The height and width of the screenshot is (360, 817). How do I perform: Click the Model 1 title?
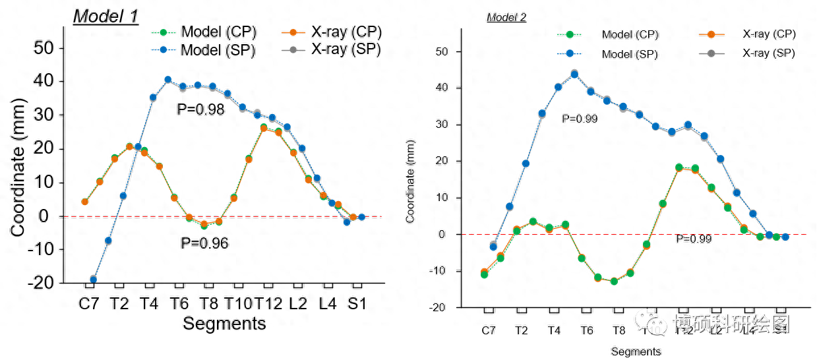point(106,16)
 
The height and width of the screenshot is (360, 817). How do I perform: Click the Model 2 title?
point(506,18)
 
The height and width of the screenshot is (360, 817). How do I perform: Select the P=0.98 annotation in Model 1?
point(201,109)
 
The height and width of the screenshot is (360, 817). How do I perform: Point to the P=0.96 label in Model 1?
point(204,244)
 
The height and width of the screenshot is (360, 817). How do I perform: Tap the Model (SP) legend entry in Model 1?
point(218,49)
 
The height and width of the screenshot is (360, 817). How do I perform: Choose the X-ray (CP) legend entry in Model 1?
point(347,32)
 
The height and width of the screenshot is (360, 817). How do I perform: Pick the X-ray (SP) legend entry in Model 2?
point(768,53)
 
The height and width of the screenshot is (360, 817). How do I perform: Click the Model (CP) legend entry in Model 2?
point(630,34)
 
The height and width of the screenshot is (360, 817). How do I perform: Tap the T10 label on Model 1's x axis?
point(237,303)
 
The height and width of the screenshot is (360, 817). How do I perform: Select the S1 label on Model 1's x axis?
point(357,303)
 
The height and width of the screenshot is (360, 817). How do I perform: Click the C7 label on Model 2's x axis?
point(488,330)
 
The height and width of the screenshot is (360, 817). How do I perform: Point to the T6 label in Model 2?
point(586,330)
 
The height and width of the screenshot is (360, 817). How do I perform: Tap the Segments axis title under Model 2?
point(636,351)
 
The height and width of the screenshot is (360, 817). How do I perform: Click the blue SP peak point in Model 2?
point(574,75)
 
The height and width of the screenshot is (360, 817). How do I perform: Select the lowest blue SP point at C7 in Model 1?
point(93,280)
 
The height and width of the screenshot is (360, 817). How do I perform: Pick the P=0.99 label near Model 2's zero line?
point(694,239)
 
